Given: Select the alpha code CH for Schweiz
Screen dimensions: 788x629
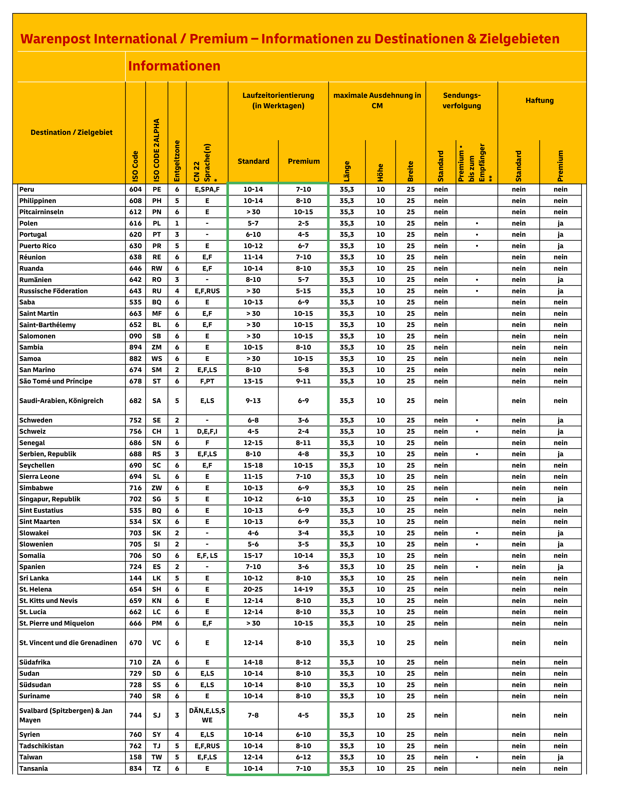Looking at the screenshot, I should point(156,431).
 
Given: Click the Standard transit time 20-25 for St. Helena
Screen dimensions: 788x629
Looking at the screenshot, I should point(253,589).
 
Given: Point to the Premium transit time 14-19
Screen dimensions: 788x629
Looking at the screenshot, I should point(303,589).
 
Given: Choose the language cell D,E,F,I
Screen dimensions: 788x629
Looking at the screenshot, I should point(207,431).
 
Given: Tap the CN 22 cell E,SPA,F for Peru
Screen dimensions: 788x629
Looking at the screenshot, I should point(207,189).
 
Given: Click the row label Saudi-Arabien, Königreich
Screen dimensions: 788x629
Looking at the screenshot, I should point(61,400).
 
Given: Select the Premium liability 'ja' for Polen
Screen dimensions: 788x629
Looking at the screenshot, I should point(560,223).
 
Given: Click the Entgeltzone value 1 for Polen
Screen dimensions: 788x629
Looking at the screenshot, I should point(177,223).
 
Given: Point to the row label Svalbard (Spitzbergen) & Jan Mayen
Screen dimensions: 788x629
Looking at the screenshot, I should point(66,715).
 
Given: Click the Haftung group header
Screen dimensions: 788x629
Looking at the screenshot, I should point(540,101).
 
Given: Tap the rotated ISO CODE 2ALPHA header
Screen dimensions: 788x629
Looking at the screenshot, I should point(156,150).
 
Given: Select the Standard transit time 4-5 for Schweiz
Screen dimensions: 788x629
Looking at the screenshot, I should point(253,431).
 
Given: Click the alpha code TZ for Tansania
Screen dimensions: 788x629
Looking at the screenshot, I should point(156,768).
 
